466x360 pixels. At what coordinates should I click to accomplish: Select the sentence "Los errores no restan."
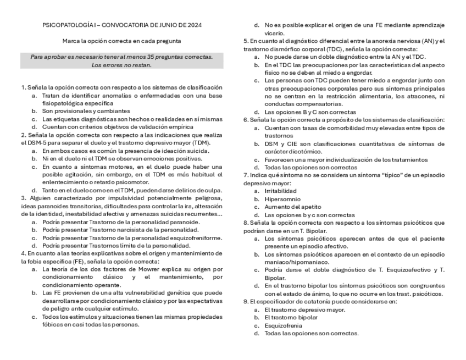pyautogui.click(x=121, y=65)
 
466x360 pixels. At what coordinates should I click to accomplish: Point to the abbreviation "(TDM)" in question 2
pyautogui.click(x=201, y=142)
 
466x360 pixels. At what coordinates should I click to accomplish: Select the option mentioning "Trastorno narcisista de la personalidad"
pyautogui.click(x=116, y=230)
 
